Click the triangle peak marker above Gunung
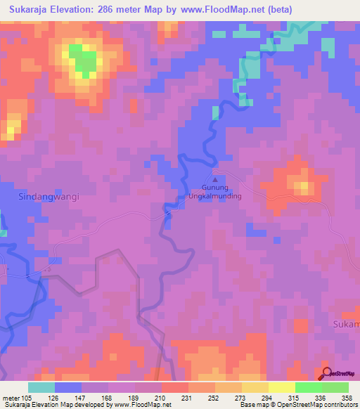[215, 178]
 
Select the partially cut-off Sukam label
[345, 324]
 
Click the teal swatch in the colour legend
[41, 387]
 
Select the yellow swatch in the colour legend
[281, 387]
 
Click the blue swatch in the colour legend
[68, 387]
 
